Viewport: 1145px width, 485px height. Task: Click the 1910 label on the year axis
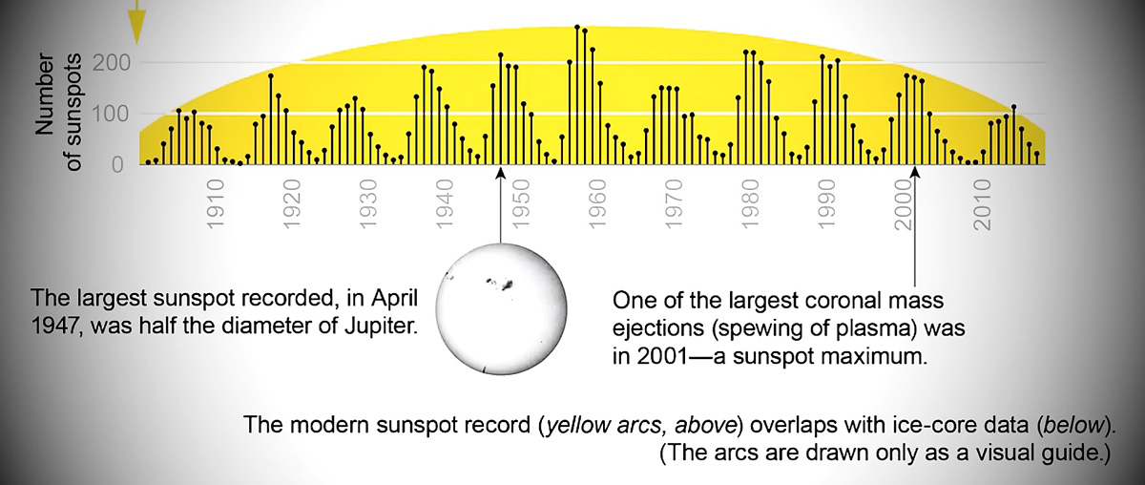point(216,203)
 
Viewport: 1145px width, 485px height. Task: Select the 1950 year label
point(521,203)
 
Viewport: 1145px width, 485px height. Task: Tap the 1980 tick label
point(750,203)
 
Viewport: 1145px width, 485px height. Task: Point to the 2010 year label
point(982,204)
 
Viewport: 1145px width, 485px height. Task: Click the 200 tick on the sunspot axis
point(112,63)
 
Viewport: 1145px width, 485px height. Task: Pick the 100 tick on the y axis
point(112,114)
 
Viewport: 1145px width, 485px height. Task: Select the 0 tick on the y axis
point(117,165)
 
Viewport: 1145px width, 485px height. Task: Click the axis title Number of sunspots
point(58,112)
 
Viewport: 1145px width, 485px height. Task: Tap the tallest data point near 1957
point(577,27)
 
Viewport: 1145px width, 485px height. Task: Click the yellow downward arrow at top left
point(136,22)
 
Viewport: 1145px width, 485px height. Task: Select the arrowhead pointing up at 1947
point(501,174)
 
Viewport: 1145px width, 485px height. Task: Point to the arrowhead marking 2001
point(915,174)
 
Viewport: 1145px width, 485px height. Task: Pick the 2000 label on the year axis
point(905,204)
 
